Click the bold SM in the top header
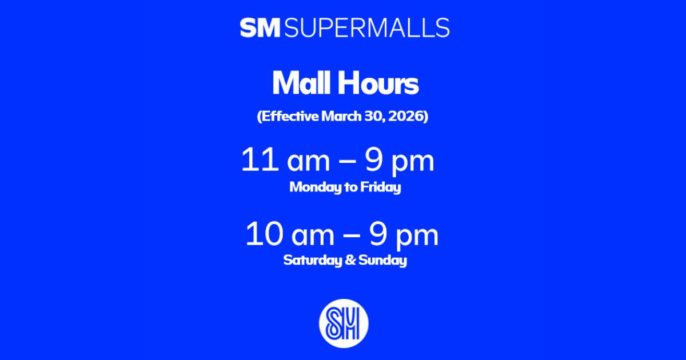260,28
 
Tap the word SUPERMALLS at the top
366,28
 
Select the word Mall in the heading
300,84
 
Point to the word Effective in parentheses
289,117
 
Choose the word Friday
380,187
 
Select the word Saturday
311,261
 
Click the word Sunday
382,261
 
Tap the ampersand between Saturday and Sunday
349,261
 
